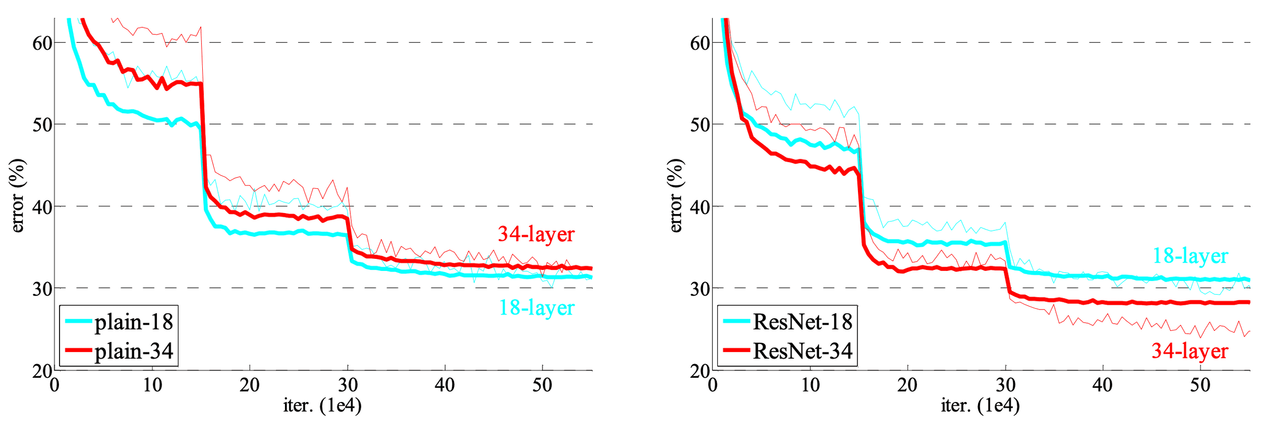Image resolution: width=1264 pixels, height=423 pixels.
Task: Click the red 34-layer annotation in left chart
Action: pyautogui.click(x=536, y=234)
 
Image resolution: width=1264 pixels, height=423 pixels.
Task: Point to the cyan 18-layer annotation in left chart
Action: pyautogui.click(x=536, y=308)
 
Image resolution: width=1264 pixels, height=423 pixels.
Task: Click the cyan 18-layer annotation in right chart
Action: pyautogui.click(x=1190, y=256)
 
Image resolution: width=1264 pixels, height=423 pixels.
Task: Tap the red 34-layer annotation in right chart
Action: pyautogui.click(x=1190, y=351)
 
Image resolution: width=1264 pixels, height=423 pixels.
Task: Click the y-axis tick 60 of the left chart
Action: pyautogui.click(x=42, y=43)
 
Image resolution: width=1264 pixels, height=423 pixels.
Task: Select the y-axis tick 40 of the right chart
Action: pyautogui.click(x=700, y=207)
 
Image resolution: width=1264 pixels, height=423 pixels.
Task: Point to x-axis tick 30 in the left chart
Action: pyautogui.click(x=348, y=386)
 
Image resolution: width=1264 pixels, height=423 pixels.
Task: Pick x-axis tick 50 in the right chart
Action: pyautogui.click(x=1200, y=386)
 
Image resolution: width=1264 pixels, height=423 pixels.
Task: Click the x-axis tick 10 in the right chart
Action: pyautogui.click(x=810, y=386)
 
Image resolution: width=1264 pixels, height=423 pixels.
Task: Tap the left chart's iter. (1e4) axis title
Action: pyautogui.click(x=322, y=406)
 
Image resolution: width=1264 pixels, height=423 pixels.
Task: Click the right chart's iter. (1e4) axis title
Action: pyautogui.click(x=980, y=406)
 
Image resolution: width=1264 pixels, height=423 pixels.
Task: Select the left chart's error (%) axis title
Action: pyautogui.click(x=17, y=196)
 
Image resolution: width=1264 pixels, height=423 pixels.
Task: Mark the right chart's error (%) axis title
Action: pyautogui.click(x=676, y=196)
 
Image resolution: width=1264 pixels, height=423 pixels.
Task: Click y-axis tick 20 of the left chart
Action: pyautogui.click(x=42, y=371)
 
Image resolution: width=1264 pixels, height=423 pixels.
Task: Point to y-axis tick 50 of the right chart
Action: pyautogui.click(x=700, y=125)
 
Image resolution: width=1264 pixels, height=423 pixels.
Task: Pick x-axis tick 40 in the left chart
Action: pyautogui.click(x=445, y=386)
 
